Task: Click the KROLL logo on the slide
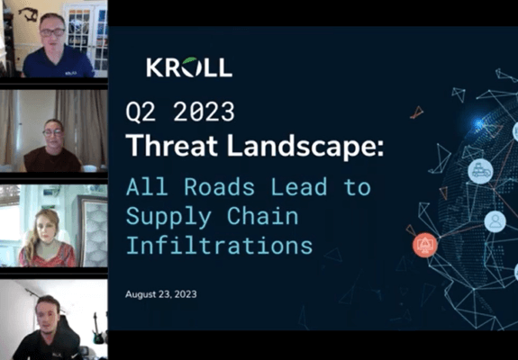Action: [189, 67]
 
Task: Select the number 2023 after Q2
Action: [204, 112]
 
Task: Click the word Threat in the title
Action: [172, 145]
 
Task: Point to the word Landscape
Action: [305, 146]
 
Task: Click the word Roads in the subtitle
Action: [219, 187]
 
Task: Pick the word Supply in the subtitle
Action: [168, 218]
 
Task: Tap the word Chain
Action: [263, 216]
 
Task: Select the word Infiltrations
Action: [219, 245]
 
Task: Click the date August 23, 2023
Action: [161, 294]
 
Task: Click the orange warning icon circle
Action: [425, 245]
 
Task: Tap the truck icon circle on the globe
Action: [480, 171]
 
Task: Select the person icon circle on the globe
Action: [495, 221]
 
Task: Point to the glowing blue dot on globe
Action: [478, 124]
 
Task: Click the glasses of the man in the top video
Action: [52, 32]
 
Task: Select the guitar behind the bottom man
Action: [96, 328]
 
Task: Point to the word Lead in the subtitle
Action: [299, 187]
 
